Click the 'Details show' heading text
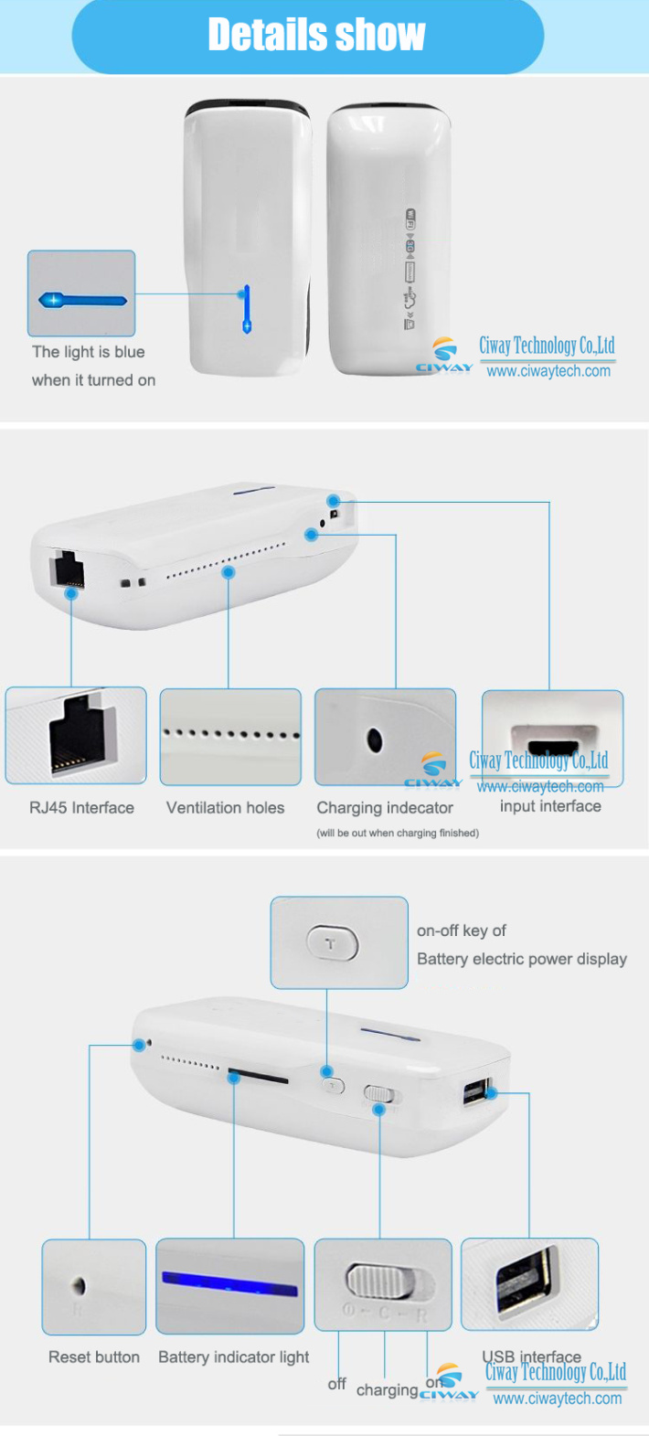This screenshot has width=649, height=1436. tap(316, 35)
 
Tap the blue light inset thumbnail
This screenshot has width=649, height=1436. tap(81, 293)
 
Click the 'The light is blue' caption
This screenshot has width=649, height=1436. tap(88, 352)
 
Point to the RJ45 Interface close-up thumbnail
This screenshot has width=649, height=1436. tap(76, 735)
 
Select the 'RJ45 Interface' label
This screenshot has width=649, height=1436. tap(81, 808)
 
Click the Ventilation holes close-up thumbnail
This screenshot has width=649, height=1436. tap(230, 737)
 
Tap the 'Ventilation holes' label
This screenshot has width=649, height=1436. tap(225, 808)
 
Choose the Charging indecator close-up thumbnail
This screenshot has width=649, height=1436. tap(385, 737)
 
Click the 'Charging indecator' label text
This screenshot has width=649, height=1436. tap(385, 808)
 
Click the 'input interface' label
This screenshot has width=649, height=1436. tap(550, 806)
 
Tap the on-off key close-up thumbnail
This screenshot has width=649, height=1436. tap(339, 942)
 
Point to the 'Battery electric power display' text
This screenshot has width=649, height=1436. tap(522, 959)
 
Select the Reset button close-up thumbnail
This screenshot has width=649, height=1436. tap(94, 1286)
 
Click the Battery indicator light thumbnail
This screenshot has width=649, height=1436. tap(230, 1285)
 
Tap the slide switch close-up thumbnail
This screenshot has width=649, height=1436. tap(383, 1284)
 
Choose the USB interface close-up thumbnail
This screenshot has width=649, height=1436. tap(529, 1283)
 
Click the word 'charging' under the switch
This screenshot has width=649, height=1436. tap(387, 1390)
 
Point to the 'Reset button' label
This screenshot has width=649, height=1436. tap(94, 1357)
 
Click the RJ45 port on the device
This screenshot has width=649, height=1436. tap(69, 570)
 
